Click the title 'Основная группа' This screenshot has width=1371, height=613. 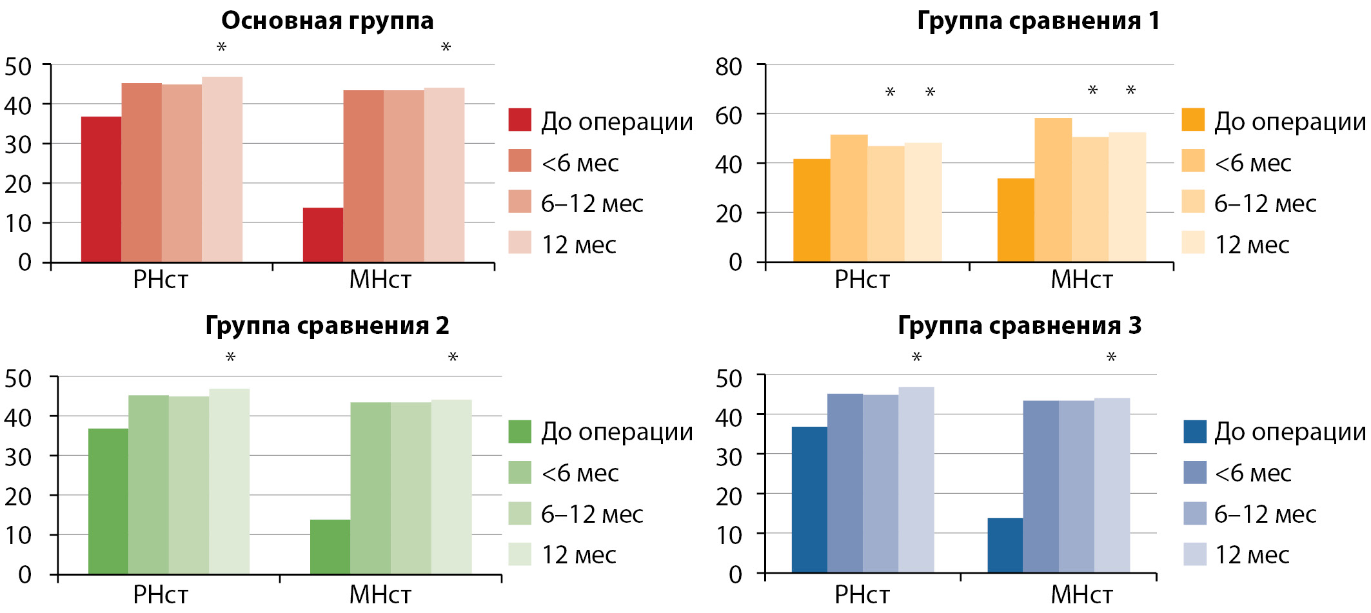point(327,21)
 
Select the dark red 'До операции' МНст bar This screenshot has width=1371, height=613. point(322,235)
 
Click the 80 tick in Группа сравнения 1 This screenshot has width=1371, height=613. point(729,66)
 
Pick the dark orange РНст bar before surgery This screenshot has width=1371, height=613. point(811,210)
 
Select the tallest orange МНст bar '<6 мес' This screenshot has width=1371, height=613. point(1053,190)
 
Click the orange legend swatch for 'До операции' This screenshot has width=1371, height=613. point(1193,121)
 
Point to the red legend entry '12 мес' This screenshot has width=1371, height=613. point(578,245)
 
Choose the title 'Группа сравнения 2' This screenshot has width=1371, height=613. point(327,326)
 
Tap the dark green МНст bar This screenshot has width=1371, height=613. point(330,547)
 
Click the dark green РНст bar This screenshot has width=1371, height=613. point(108,501)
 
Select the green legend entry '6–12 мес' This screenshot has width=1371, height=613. point(592,514)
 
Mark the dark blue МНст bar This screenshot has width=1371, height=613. point(1005,545)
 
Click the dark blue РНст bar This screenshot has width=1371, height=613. point(809,500)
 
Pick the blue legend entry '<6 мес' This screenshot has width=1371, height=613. point(1252,473)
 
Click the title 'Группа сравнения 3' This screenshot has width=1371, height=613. point(1020,326)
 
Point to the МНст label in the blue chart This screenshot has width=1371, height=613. point(1081,594)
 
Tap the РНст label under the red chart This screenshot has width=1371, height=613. point(161,280)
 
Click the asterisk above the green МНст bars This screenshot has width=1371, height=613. point(453,357)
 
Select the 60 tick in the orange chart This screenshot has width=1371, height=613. point(729,116)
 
